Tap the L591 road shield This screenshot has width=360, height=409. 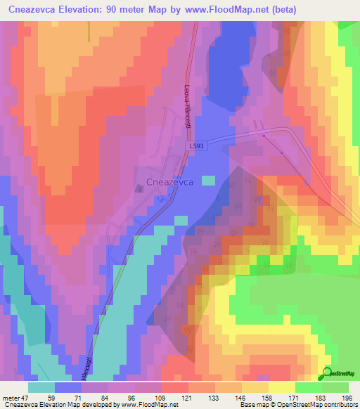click(x=198, y=145)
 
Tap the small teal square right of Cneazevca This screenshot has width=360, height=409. click(x=208, y=180)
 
